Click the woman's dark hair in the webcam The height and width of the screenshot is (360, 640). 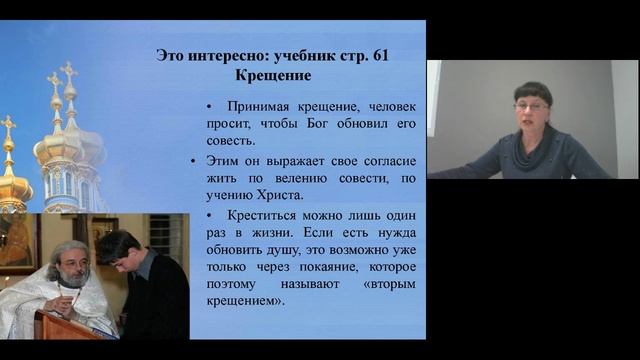[532, 91]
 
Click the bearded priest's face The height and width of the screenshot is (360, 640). [73, 266]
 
